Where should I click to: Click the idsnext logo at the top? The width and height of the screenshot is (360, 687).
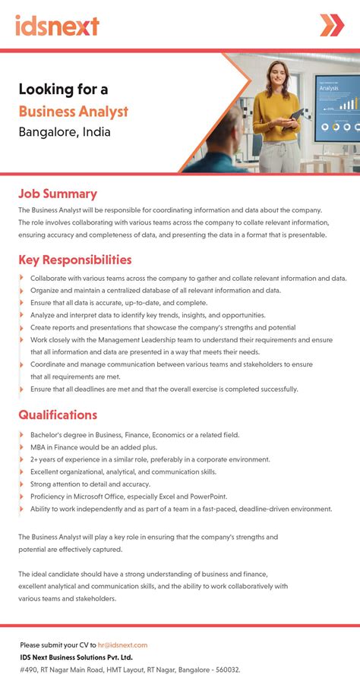(57, 25)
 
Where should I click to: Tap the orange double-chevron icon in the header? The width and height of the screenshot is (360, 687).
(331, 25)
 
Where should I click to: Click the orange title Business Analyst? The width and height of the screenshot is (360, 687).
(74, 111)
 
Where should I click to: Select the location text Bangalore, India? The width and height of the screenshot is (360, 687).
(65, 132)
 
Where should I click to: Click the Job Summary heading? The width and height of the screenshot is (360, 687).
(58, 194)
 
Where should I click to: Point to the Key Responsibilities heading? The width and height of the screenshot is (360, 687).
(75, 260)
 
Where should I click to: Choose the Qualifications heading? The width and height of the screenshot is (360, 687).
(58, 415)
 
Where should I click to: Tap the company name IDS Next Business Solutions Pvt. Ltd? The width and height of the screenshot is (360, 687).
(76, 657)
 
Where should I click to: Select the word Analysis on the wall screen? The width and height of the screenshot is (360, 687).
(329, 88)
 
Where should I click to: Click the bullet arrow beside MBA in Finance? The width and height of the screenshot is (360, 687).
(21, 447)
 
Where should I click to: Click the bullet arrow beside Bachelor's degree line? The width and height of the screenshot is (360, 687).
(21, 435)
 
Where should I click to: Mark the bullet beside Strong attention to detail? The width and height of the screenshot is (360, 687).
(21, 484)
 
